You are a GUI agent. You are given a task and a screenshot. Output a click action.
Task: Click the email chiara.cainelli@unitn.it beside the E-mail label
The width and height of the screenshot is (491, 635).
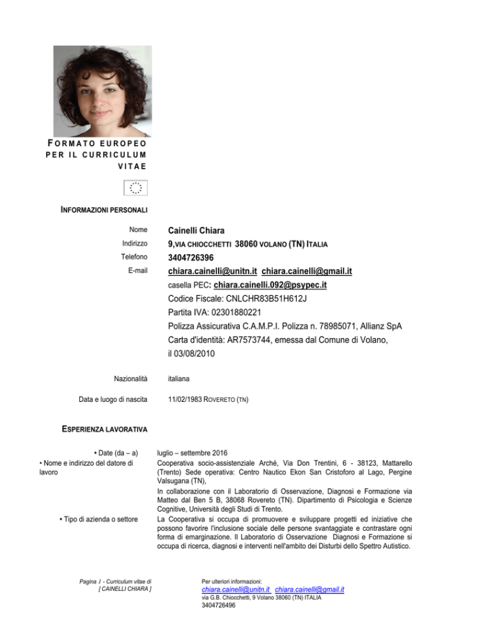(x=213, y=272)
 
